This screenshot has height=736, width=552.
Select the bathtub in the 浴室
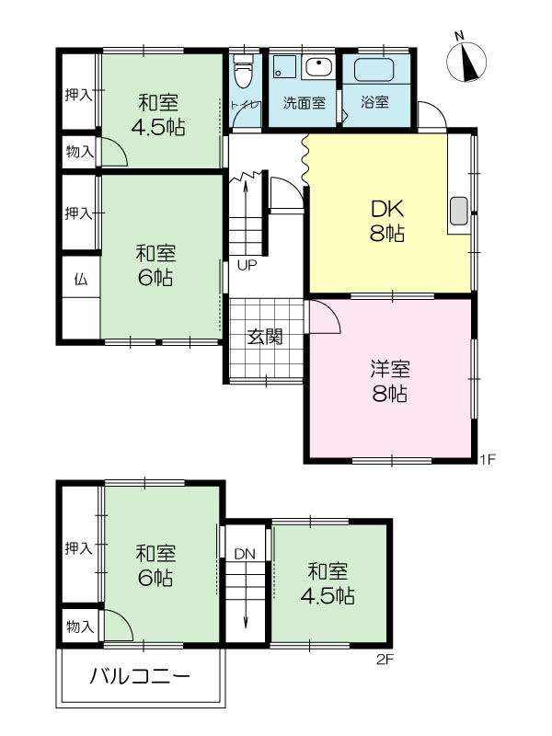pyautogui.click(x=376, y=71)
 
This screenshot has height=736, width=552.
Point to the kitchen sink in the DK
pyautogui.click(x=458, y=211)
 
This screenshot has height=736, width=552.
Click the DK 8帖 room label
pyautogui.click(x=387, y=221)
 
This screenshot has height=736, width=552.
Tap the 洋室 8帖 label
pyautogui.click(x=389, y=381)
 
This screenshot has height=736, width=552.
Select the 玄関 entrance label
pyautogui.click(x=265, y=337)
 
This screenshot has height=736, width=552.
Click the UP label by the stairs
pyautogui.click(x=247, y=266)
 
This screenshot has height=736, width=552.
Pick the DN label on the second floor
pyautogui.click(x=245, y=555)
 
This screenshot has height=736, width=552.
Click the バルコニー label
pyautogui.click(x=140, y=676)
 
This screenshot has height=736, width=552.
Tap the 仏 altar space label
pyautogui.click(x=81, y=280)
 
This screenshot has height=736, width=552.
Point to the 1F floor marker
pyautogui.click(x=488, y=458)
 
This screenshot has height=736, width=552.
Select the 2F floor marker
pyautogui.click(x=385, y=660)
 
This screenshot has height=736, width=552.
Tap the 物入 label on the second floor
pyautogui.click(x=80, y=627)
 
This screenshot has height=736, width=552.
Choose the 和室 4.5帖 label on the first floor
pyautogui.click(x=158, y=115)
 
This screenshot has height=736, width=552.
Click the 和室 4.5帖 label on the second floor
pyautogui.click(x=328, y=583)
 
